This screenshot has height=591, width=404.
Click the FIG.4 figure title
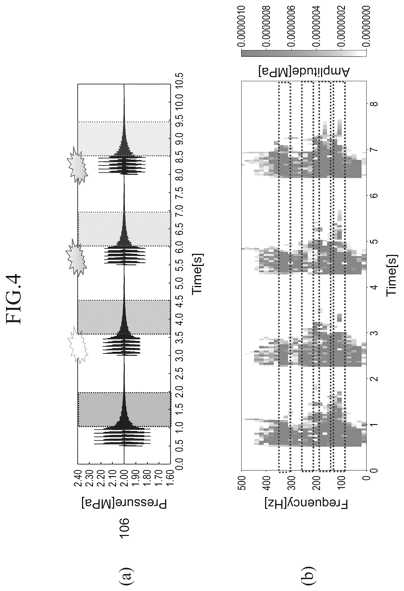pos(21,298)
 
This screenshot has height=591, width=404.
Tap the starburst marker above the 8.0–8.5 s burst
pos(78,165)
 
